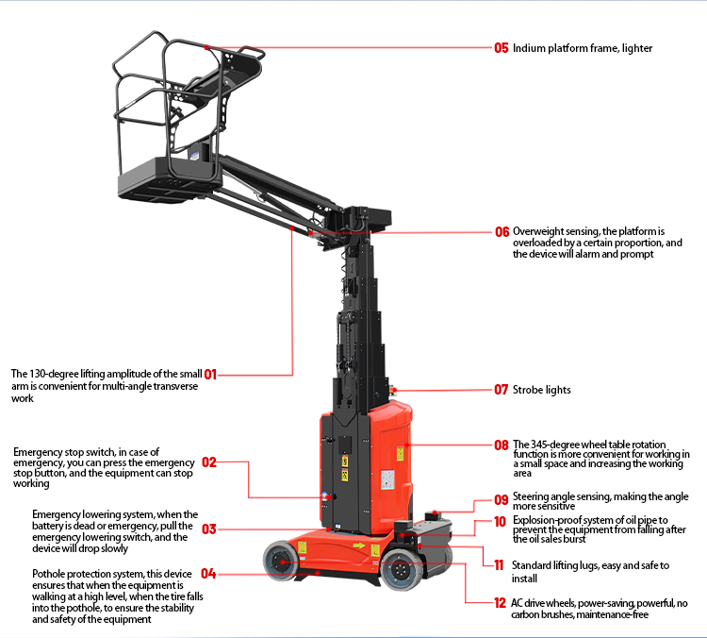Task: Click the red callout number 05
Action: [x=501, y=47]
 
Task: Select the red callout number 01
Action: [x=209, y=374]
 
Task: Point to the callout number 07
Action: [x=501, y=389]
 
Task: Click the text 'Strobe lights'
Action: [x=541, y=390]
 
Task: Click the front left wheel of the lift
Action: [x=279, y=562]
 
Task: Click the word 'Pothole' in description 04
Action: [x=49, y=574]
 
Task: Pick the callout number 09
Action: [x=501, y=500]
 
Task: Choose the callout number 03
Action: [x=209, y=529]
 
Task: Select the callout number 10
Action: [x=501, y=521]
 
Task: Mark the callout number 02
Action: [x=209, y=462]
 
